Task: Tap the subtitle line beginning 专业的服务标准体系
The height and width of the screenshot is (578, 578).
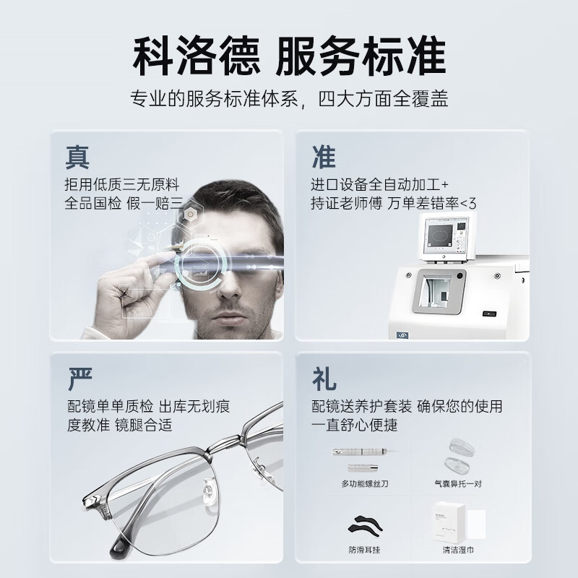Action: point(289,99)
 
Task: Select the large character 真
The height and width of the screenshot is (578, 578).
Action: point(78,155)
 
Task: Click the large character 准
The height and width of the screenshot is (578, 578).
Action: point(324,155)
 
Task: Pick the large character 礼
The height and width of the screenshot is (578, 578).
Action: point(324,376)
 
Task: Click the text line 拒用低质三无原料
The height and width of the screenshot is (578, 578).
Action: point(122,183)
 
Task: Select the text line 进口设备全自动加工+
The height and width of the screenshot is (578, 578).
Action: point(380,183)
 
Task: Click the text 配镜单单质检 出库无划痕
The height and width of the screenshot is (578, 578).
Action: point(148,406)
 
